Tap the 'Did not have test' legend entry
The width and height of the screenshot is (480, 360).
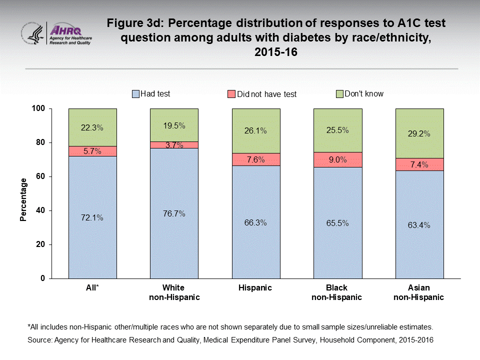pyautogui.click(x=262, y=94)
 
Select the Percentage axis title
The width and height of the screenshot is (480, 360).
pyautogui.click(x=23, y=199)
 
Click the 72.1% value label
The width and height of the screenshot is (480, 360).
pyautogui.click(x=92, y=217)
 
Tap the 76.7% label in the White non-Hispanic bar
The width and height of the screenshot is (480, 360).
pyautogui.click(x=174, y=213)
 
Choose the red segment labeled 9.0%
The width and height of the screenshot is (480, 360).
pyautogui.click(x=337, y=159)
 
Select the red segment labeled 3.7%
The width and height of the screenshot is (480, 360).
pyautogui.click(x=174, y=145)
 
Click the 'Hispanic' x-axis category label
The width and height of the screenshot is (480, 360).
pyautogui.click(x=255, y=287)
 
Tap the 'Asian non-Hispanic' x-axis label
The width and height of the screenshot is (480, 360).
pyautogui.click(x=419, y=292)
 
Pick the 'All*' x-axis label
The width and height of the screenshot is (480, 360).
pyautogui.click(x=92, y=287)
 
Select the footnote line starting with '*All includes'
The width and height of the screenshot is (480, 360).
pyautogui.click(x=229, y=327)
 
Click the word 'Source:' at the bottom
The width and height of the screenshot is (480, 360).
pyautogui.click(x=40, y=339)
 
